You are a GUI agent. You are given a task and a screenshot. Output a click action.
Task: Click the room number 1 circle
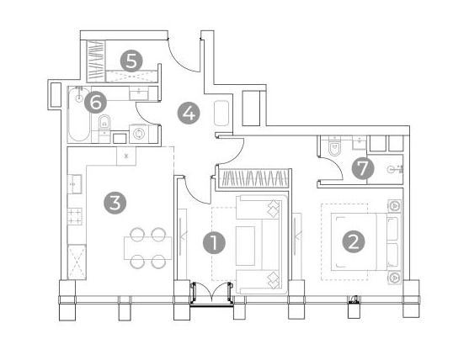(214, 243)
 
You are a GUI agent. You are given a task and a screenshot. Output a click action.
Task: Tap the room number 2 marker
(354, 241)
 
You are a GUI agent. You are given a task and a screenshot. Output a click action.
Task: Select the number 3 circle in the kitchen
(115, 203)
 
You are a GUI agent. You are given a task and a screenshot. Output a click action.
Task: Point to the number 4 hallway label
(189, 113)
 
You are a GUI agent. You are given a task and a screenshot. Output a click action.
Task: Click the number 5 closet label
(131, 61)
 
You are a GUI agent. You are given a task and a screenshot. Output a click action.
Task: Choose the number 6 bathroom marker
(96, 103)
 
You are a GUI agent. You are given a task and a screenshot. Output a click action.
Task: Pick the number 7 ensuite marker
(363, 168)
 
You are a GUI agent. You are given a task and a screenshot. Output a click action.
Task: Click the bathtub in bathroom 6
(79, 114)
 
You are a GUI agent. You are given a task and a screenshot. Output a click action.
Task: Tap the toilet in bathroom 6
(104, 122)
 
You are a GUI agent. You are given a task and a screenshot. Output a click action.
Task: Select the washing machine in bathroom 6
(139, 134)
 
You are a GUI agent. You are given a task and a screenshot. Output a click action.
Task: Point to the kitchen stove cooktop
(75, 216)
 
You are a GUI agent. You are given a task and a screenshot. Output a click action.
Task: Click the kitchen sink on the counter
(75, 184)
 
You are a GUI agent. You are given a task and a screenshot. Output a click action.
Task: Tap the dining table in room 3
(148, 248)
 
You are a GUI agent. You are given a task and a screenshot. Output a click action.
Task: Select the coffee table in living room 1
(246, 246)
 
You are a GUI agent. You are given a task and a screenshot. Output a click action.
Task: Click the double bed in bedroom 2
(366, 241)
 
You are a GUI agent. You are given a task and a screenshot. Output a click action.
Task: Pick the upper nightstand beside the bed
(394, 206)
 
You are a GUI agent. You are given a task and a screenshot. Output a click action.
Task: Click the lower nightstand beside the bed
(394, 278)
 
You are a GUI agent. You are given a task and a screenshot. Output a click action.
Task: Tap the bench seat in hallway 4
(221, 114)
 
